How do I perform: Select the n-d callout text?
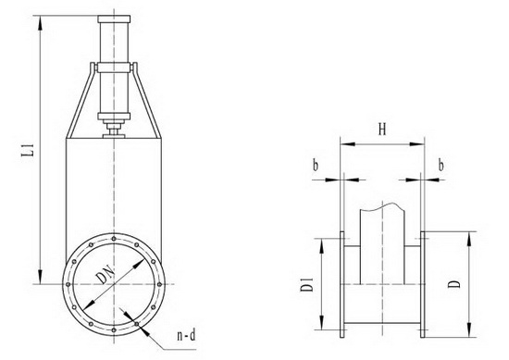186,335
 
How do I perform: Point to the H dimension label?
383,130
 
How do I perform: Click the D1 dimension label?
306,284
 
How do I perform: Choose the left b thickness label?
316,166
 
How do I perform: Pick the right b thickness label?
441,166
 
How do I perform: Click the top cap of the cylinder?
114,19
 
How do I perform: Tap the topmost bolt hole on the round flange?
114,239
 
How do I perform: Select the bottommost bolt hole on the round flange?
114,330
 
